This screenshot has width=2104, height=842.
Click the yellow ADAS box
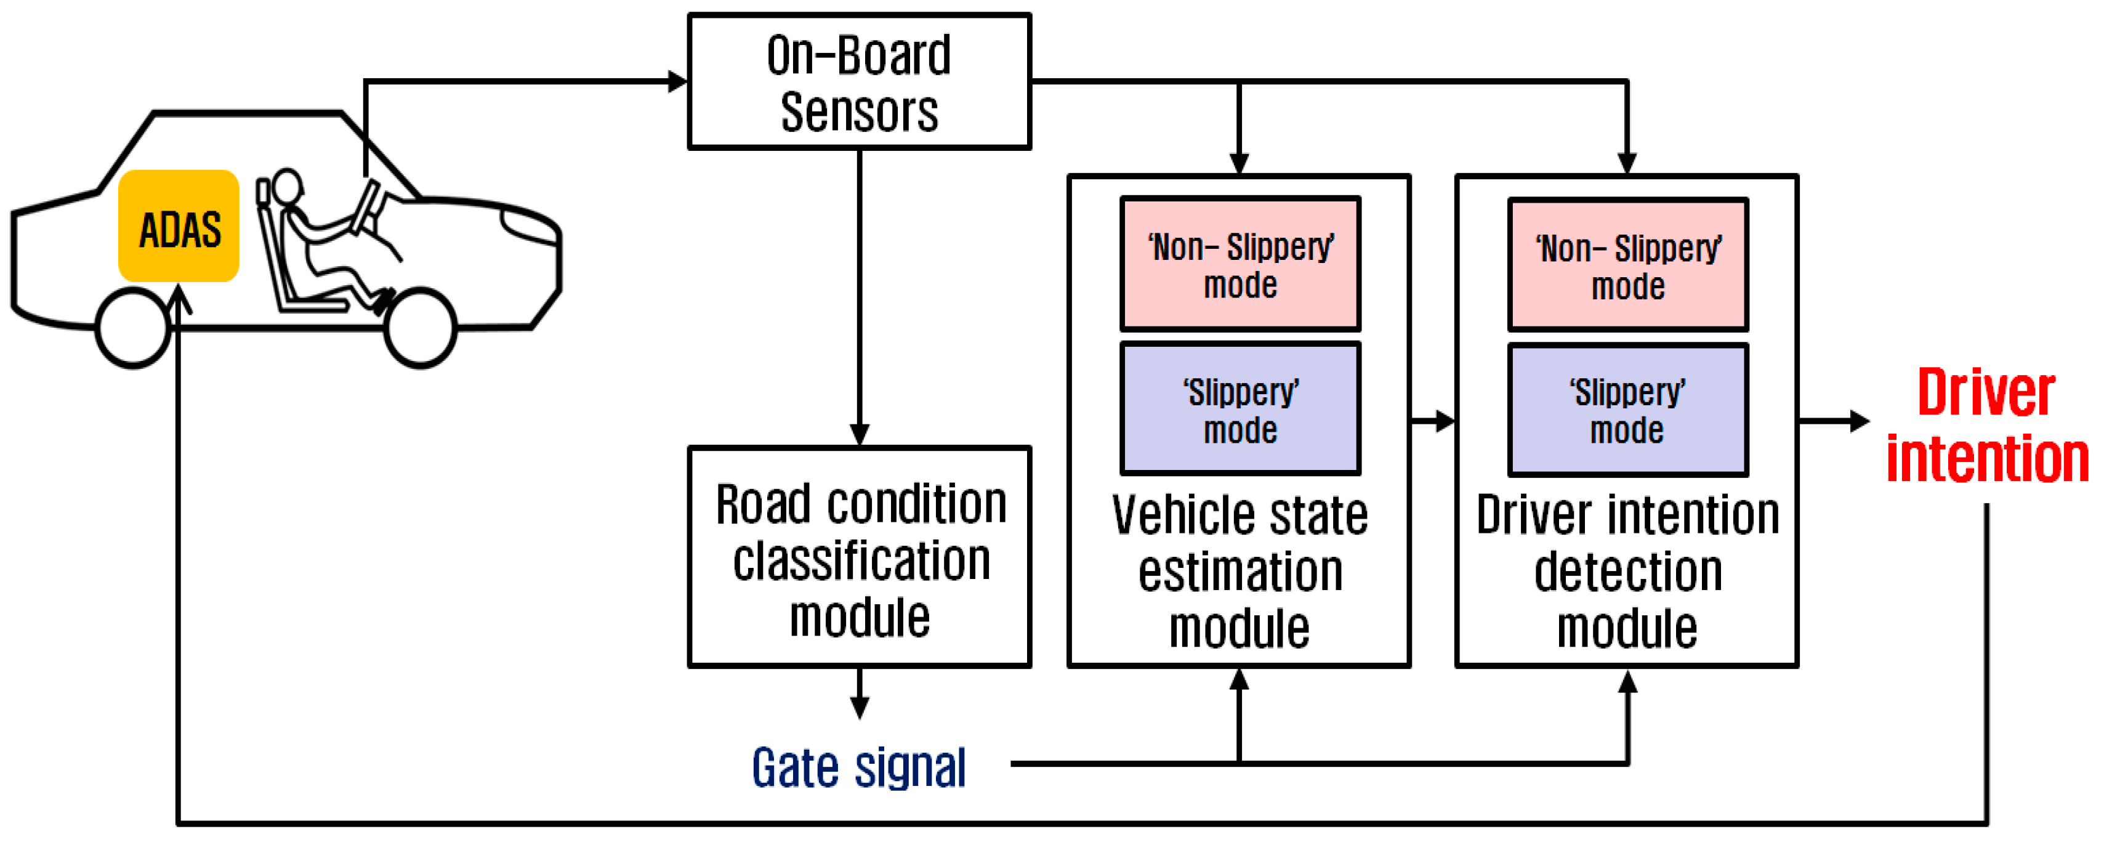pyautogui.click(x=178, y=226)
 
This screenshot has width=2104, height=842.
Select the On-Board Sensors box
pyautogui.click(x=858, y=82)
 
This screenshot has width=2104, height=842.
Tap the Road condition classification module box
pyautogui.click(x=858, y=557)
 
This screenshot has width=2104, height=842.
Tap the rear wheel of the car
pyautogui.click(x=132, y=328)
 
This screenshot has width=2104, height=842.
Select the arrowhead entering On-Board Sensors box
pyautogui.click(x=678, y=82)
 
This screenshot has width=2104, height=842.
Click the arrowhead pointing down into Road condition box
pyautogui.click(x=858, y=434)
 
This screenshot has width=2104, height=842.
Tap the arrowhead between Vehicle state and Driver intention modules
pyautogui.click(x=1445, y=421)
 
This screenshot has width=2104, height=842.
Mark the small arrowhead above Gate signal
pyautogui.click(x=858, y=707)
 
